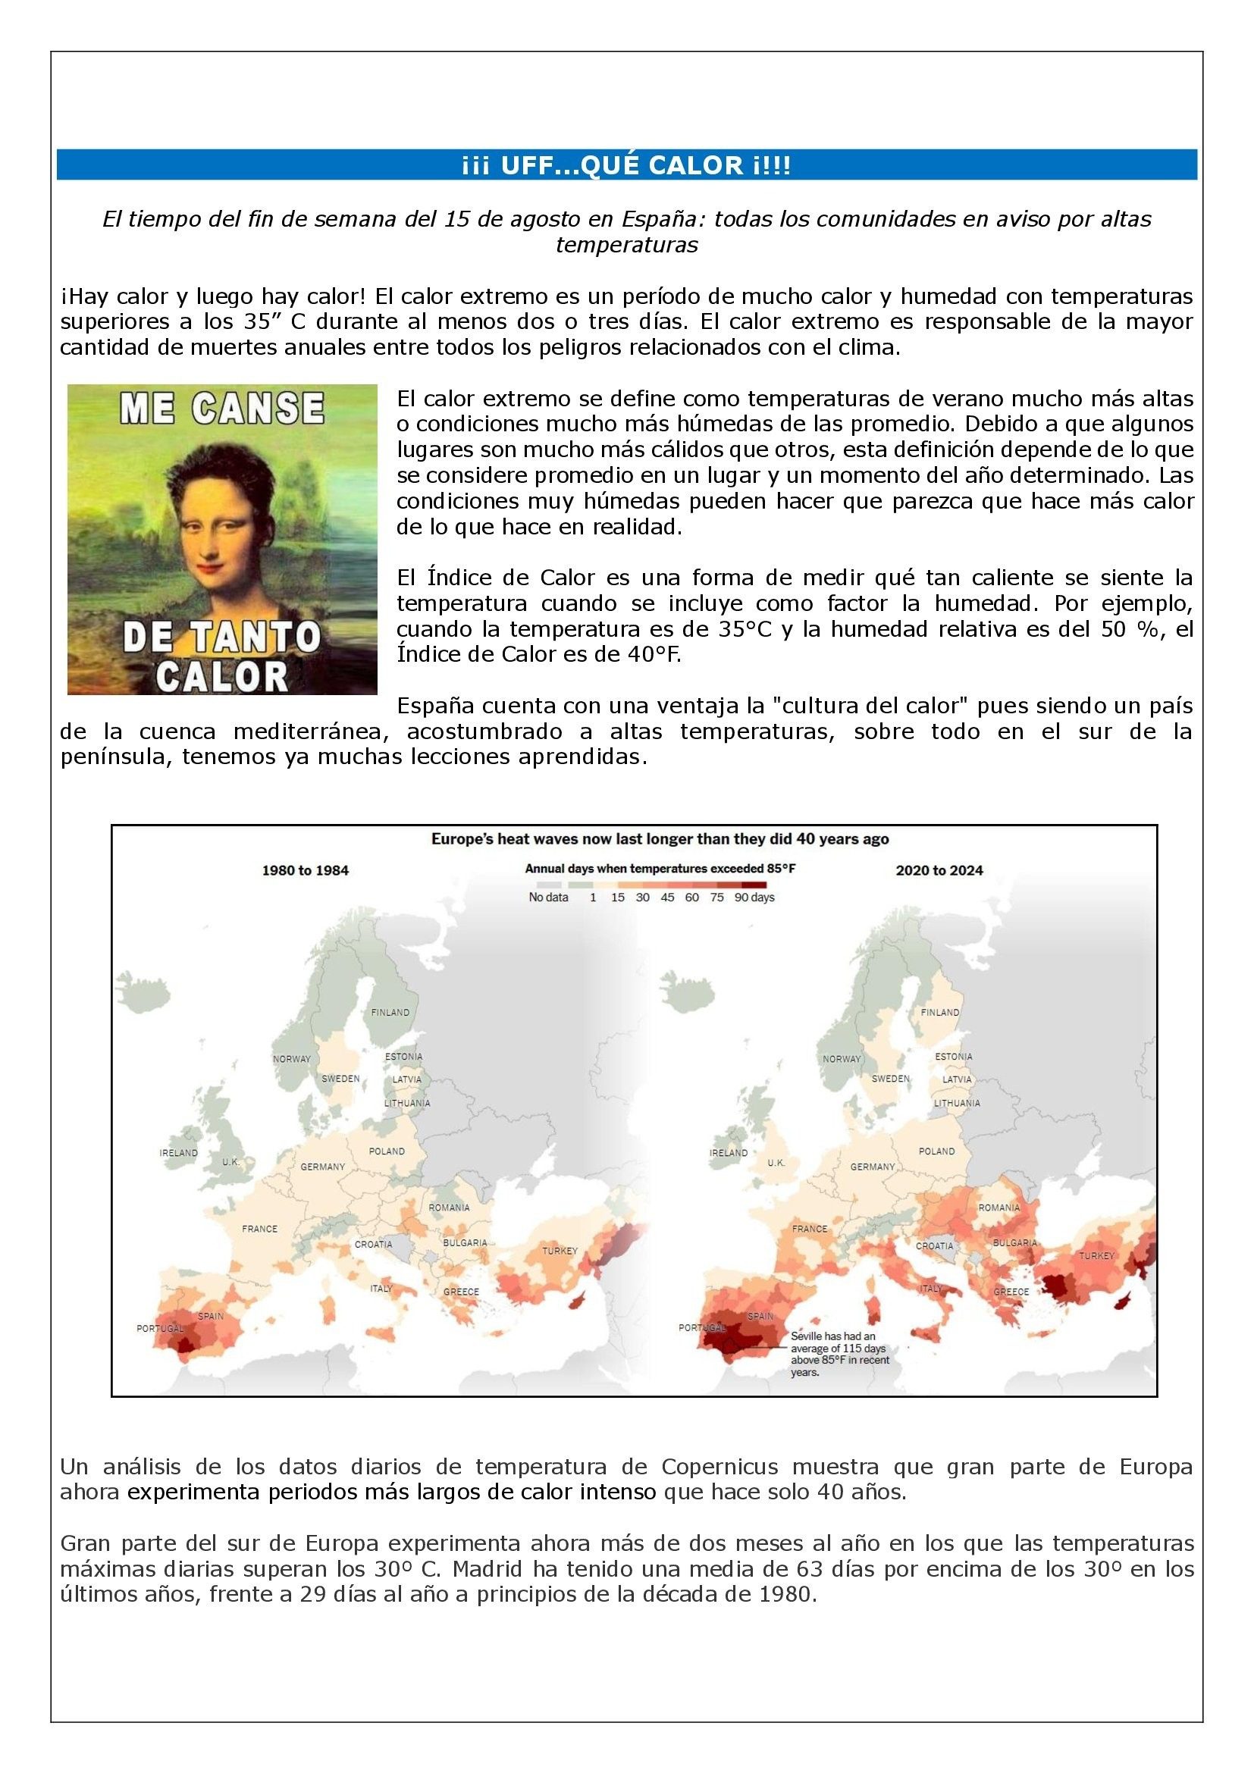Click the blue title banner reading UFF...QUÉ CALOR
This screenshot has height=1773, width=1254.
tap(626, 166)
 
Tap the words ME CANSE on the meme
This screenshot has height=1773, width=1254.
tap(221, 409)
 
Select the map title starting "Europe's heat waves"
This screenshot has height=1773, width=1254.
tap(660, 838)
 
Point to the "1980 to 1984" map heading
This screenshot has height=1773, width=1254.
tap(306, 870)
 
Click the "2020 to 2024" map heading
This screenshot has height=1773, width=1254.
tap(939, 870)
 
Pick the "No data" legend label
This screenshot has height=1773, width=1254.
tap(548, 897)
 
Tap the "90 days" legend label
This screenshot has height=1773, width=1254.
tap(754, 897)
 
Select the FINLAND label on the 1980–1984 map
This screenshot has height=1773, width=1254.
tap(390, 1013)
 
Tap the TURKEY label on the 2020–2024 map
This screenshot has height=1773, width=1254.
tap(1096, 1255)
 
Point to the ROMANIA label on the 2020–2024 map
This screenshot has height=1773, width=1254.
tap(999, 1207)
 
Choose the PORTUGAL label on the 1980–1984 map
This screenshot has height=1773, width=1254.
tap(160, 1328)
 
